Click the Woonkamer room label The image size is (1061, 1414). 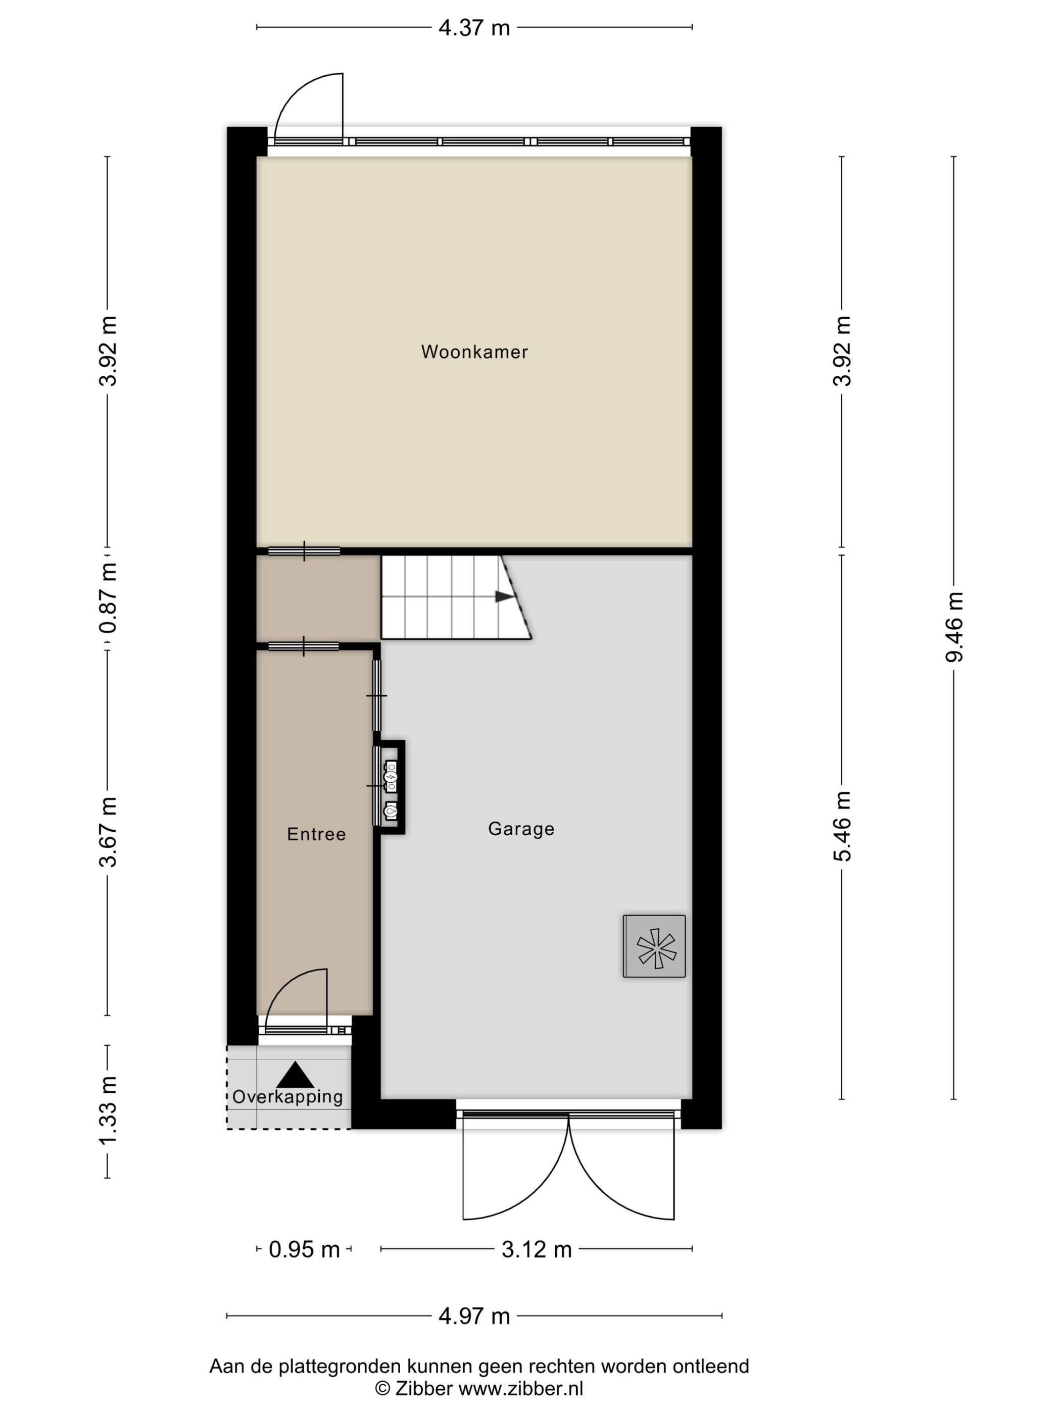pyautogui.click(x=474, y=351)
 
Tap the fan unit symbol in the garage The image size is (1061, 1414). pyautogui.click(x=654, y=946)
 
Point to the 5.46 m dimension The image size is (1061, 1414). pyautogui.click(x=842, y=826)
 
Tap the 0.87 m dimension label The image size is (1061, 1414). pyautogui.click(x=108, y=598)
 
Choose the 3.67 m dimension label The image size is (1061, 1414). pyautogui.click(x=108, y=832)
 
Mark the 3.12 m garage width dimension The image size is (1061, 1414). pyautogui.click(x=536, y=1249)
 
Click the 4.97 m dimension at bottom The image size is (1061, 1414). pyautogui.click(x=474, y=1316)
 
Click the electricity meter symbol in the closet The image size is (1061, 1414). pyautogui.click(x=390, y=777)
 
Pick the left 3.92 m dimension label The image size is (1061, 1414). pyautogui.click(x=108, y=351)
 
